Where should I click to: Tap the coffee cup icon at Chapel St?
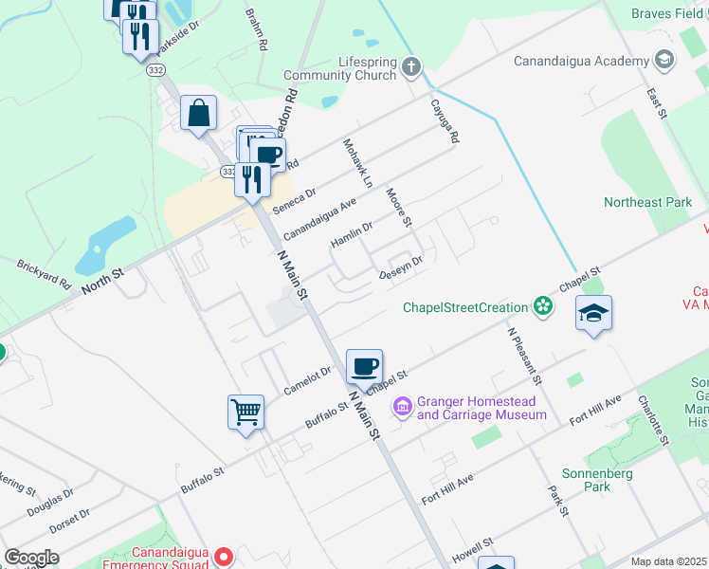[364, 366]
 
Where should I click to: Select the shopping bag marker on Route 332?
[198, 114]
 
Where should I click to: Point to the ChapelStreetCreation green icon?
[543, 306]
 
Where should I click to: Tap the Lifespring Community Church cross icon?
[410, 67]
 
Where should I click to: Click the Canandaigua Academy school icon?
[664, 61]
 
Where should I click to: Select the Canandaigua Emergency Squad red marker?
[224, 555]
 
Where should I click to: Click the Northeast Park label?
[647, 202]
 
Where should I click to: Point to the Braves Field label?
[668, 13]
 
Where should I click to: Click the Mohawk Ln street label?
[357, 161]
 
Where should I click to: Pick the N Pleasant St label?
[523, 356]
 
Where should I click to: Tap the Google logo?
[31, 558]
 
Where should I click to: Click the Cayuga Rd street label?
[445, 121]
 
